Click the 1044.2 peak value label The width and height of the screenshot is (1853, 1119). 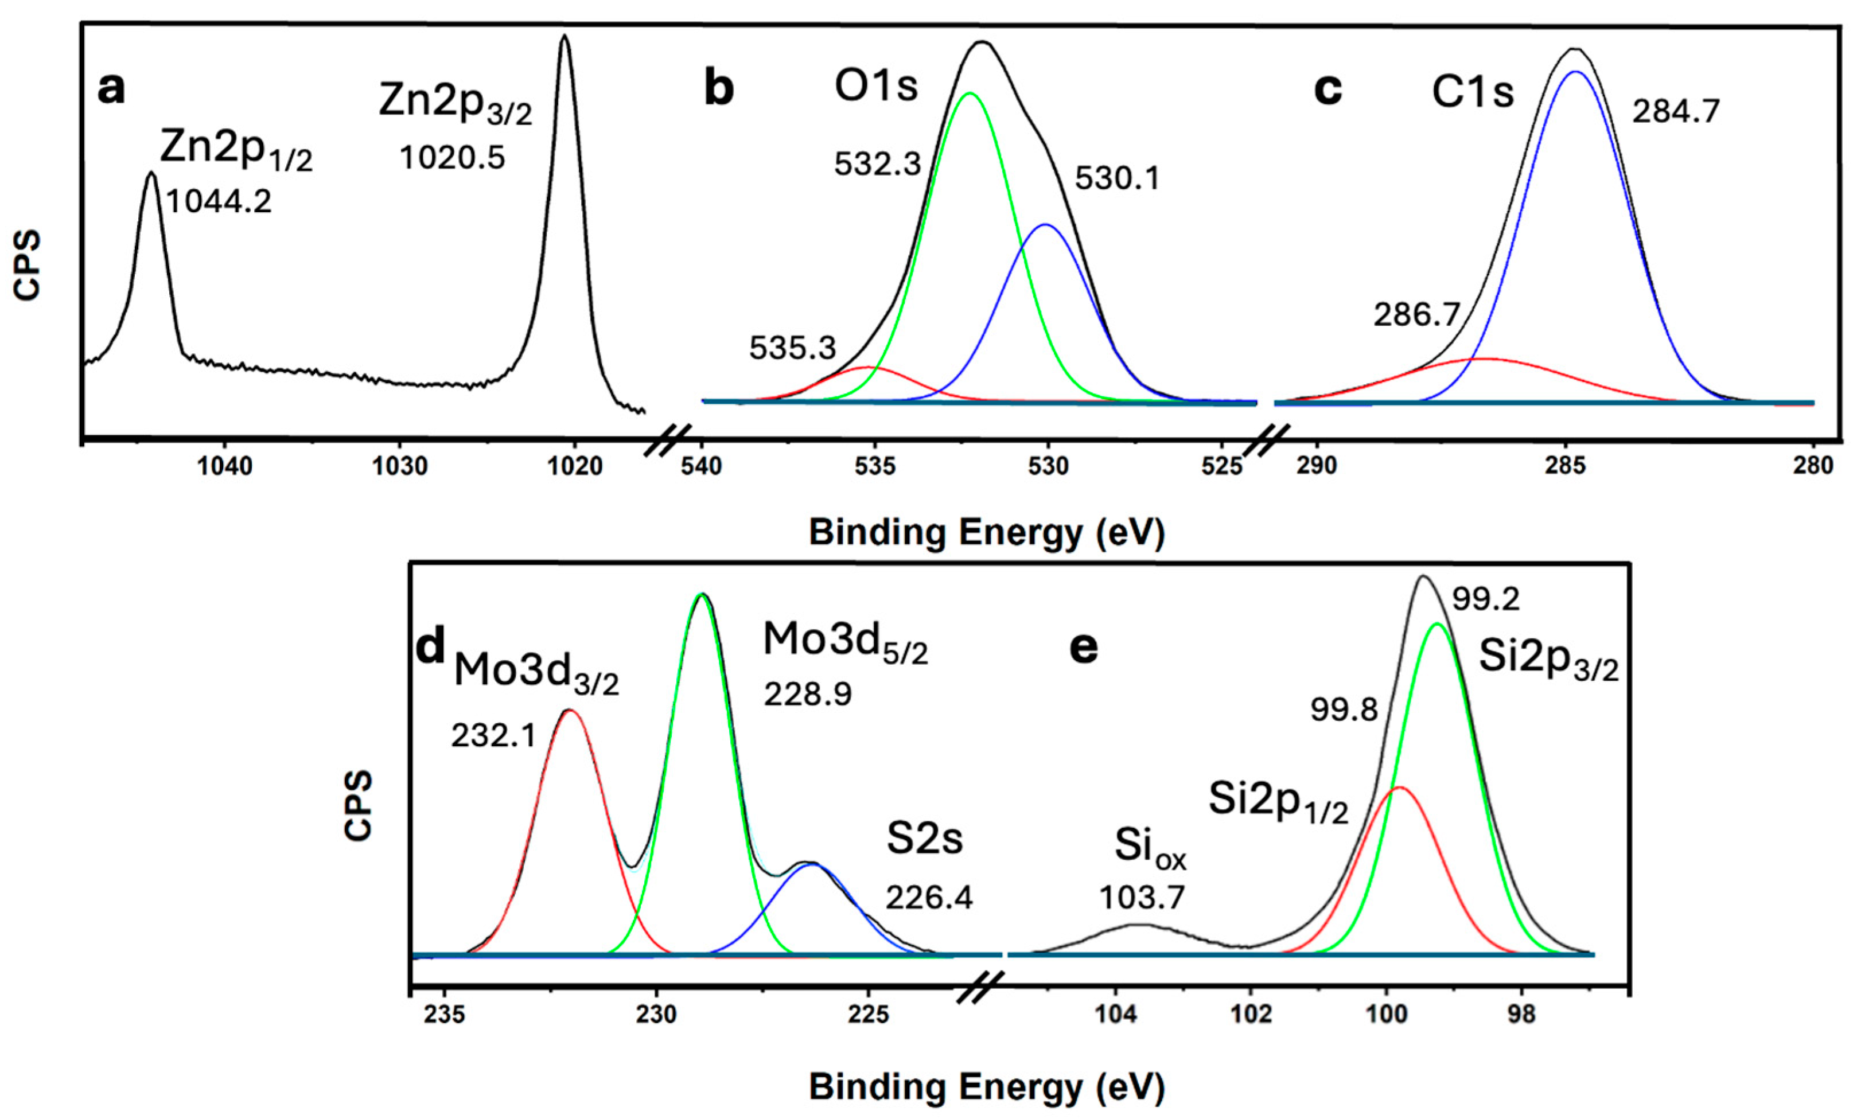(x=219, y=201)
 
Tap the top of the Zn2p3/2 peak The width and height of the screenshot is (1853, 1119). (x=565, y=36)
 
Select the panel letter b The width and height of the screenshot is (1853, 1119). (x=719, y=89)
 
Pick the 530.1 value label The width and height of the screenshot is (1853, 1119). (x=1117, y=179)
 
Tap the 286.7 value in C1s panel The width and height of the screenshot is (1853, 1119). (x=1416, y=315)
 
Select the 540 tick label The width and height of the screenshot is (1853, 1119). (x=701, y=466)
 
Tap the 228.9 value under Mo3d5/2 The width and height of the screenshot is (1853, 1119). (x=808, y=694)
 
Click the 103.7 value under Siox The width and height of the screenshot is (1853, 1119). (x=1142, y=897)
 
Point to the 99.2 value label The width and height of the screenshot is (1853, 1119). (x=1485, y=599)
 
